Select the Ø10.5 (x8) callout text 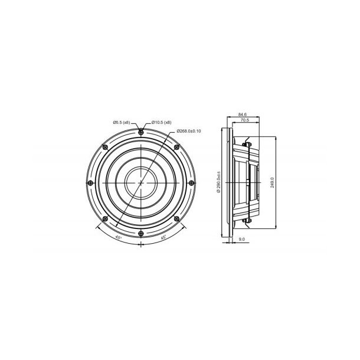[161, 122]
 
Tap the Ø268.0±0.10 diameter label [189, 132]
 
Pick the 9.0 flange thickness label [242, 240]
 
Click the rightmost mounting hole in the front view [192, 183]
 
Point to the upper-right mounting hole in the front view [176, 147]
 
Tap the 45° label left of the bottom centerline [119, 237]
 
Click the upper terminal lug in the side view [247, 141]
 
